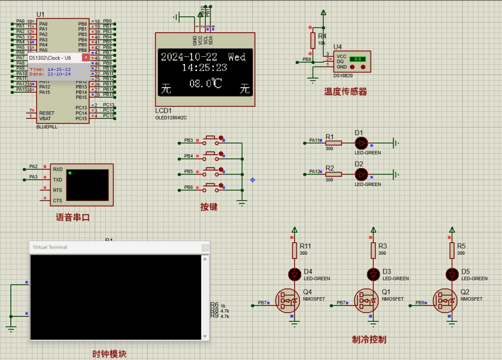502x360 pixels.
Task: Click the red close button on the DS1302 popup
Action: (x=86, y=57)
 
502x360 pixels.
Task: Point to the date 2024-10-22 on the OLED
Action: (x=189, y=57)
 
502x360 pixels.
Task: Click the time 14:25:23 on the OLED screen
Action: (x=204, y=68)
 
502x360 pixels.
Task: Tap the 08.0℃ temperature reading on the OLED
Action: (x=206, y=83)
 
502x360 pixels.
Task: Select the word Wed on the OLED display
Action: (x=237, y=57)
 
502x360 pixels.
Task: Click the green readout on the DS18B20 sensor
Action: (x=358, y=58)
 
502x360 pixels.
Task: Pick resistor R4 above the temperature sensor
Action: (x=314, y=40)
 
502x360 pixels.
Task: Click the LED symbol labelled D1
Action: (x=361, y=143)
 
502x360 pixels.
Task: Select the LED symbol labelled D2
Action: (x=361, y=174)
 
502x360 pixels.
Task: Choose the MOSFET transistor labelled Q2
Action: (x=447, y=301)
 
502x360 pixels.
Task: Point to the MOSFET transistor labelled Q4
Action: (x=289, y=301)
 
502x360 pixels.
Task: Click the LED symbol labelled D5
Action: (x=451, y=273)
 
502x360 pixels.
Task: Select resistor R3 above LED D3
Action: (x=373, y=250)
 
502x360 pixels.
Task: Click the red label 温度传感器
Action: (x=345, y=92)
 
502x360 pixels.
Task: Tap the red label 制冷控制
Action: (x=369, y=339)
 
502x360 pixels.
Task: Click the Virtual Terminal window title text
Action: (x=50, y=247)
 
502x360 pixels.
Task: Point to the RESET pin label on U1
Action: (x=46, y=113)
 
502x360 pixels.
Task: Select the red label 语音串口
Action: (x=73, y=217)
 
